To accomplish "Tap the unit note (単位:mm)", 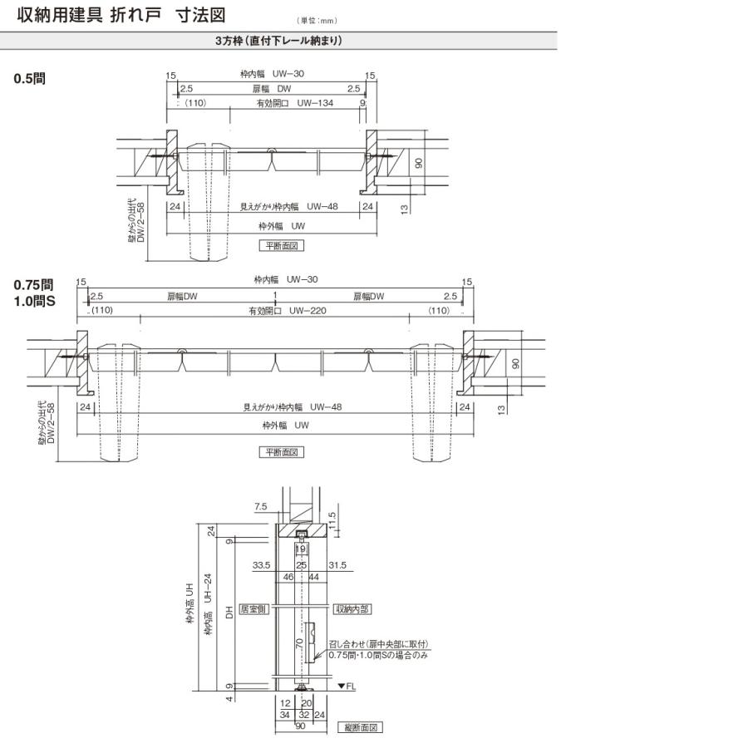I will (317, 20).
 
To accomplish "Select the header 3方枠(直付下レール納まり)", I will (278, 40).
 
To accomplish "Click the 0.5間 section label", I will (29, 79).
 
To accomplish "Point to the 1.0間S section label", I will (34, 301).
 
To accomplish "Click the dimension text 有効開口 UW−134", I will (288, 103).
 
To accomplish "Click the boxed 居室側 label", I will (251, 609).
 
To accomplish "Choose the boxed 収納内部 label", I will (352, 609).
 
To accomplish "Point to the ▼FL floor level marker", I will (347, 686).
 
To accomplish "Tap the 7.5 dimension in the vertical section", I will (260, 505).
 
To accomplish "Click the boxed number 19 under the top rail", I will (301, 549).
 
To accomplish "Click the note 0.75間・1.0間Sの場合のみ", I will (377, 655).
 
